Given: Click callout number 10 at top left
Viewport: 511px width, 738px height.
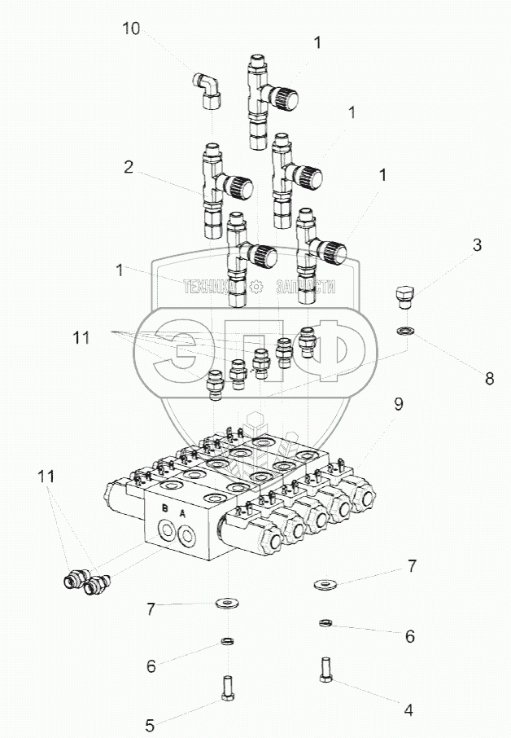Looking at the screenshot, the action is [131, 29].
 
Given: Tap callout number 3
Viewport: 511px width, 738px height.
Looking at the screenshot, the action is [478, 245].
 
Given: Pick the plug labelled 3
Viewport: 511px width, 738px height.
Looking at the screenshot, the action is [404, 296].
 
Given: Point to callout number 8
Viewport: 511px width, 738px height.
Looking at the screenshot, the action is [489, 378].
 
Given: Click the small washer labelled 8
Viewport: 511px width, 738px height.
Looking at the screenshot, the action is [405, 331].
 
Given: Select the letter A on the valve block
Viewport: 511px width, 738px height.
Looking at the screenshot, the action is [182, 513].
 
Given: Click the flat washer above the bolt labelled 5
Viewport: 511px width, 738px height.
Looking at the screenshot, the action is [225, 604].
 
